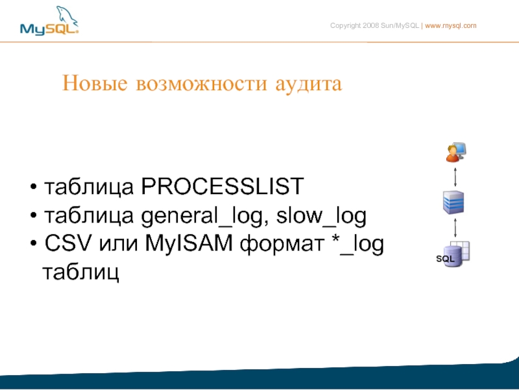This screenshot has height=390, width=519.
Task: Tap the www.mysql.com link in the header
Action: click(450, 26)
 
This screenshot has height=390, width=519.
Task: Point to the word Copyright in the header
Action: click(345, 26)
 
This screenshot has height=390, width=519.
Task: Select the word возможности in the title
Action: click(201, 84)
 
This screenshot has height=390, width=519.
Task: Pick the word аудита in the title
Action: click(309, 84)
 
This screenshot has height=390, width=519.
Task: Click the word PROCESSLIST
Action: click(223, 186)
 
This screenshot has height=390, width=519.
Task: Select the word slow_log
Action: click(321, 217)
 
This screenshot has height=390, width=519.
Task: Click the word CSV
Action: click(68, 243)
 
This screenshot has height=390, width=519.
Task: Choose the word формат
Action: click(282, 245)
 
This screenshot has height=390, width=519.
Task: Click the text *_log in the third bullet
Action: click(357, 245)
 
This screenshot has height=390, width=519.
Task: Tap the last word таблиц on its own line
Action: click(80, 273)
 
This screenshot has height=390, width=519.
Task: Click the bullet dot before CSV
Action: click(34, 243)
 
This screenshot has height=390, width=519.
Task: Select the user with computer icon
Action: click(456, 152)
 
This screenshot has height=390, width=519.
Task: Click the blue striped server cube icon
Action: click(453, 202)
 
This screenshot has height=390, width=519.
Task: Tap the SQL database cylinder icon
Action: click(453, 254)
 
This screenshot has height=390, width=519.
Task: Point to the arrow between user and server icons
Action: click(455, 177)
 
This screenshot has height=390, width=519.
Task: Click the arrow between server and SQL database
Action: click(455, 227)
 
